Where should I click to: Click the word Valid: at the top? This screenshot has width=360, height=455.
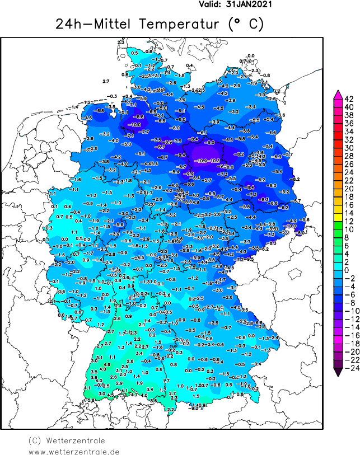click(x=211, y=4)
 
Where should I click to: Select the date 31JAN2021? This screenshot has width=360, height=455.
click(x=249, y=4)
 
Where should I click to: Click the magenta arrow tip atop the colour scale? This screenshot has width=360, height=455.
click(x=338, y=93)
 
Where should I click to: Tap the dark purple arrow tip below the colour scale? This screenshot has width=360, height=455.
click(x=338, y=372)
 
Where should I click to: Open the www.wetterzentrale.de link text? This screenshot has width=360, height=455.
click(x=74, y=451)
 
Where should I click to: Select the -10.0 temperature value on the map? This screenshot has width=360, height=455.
click(x=135, y=124)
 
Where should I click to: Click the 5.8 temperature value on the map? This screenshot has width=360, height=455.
click(x=91, y=400)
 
